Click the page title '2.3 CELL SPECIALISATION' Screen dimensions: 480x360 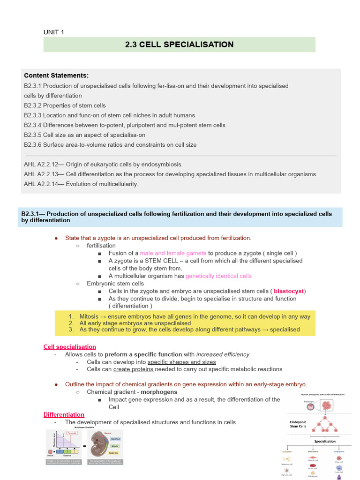click(x=179, y=45)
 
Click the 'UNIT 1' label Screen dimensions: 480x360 click(x=54, y=32)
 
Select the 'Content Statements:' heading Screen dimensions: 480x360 click(x=56, y=75)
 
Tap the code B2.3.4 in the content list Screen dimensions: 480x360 click(x=33, y=125)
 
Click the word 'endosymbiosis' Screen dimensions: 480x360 click(x=162, y=164)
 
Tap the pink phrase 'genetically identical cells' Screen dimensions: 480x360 click(x=218, y=276)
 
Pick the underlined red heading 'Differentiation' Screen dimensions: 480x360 click(x=64, y=414)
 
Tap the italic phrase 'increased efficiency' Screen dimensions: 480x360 click(x=223, y=354)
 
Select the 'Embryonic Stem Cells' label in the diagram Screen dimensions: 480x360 click(x=298, y=424)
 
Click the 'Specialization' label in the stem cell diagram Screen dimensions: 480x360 click(x=325, y=441)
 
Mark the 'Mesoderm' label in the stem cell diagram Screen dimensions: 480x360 click(x=312, y=451)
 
